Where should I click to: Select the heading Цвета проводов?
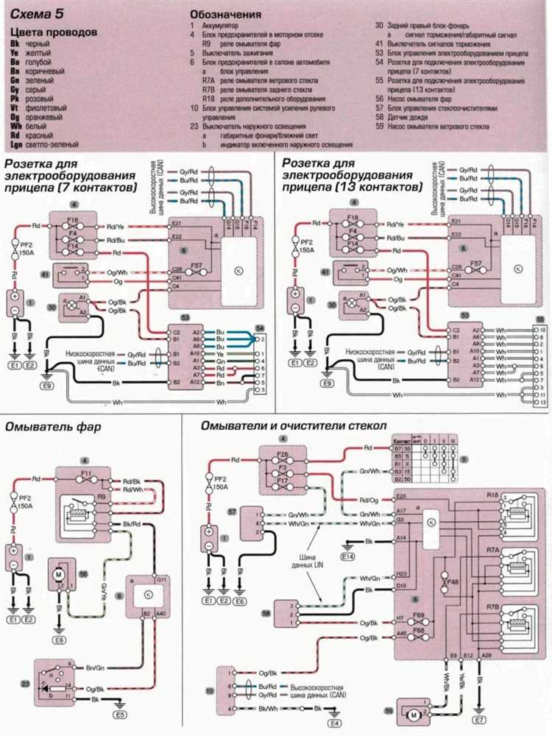[x=52, y=33]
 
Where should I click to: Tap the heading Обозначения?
[x=225, y=14]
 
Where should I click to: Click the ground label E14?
[x=353, y=556]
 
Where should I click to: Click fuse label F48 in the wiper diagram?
[x=443, y=581]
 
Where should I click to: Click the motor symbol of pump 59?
[x=414, y=714]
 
